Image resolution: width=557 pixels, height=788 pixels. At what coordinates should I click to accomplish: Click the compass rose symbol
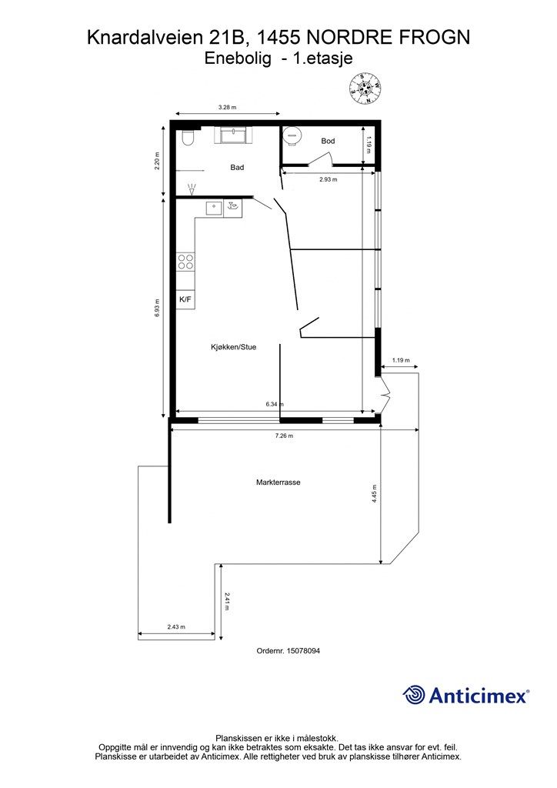(x=365, y=88)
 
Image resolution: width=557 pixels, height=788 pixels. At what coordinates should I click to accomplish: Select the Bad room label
(x=237, y=167)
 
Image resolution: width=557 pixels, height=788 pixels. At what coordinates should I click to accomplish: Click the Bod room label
(x=328, y=142)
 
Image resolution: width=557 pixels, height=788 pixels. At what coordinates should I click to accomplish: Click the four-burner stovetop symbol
(x=185, y=262)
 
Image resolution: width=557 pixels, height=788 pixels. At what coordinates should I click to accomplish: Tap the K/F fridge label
(x=185, y=299)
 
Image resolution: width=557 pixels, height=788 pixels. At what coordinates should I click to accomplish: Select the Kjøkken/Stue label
(x=234, y=347)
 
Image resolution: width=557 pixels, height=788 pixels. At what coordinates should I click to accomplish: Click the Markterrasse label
(x=278, y=482)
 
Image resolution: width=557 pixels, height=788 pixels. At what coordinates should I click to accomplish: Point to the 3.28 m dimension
(x=227, y=107)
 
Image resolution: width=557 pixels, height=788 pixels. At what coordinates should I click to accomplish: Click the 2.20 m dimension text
(x=157, y=161)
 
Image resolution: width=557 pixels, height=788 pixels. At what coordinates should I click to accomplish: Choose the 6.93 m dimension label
(x=157, y=308)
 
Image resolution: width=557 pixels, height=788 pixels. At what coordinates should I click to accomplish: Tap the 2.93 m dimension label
(x=328, y=179)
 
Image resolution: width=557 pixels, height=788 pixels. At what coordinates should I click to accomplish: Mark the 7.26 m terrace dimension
(x=284, y=436)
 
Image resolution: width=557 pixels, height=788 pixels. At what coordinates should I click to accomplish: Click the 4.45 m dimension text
(x=374, y=493)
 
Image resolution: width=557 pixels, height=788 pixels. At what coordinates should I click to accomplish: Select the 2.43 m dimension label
(x=176, y=626)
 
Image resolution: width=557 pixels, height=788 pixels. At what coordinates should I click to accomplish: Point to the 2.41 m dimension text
(x=227, y=602)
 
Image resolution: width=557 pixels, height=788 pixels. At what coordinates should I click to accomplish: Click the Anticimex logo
(x=465, y=696)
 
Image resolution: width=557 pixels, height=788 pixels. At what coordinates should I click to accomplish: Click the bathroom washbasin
(x=234, y=135)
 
